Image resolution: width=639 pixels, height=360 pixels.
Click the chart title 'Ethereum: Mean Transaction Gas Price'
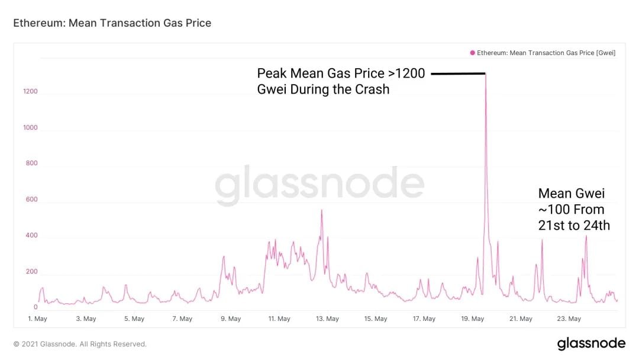click(x=112, y=23)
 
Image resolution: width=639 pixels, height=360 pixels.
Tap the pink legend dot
click(x=472, y=53)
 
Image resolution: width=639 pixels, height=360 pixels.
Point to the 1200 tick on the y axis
click(x=30, y=91)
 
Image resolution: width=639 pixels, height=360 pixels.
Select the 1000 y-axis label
click(x=30, y=127)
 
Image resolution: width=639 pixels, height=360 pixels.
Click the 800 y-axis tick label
click(x=31, y=163)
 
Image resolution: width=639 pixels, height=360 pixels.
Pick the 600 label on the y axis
click(x=31, y=200)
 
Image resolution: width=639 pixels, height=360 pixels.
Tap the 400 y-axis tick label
click(x=31, y=236)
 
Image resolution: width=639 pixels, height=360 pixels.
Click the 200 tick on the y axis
click(x=31, y=272)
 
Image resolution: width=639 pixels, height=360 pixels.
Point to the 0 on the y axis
click(x=35, y=307)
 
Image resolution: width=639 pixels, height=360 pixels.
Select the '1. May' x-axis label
click(x=37, y=319)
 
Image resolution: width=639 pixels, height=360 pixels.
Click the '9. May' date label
click(x=231, y=319)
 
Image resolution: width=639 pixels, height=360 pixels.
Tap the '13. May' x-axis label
click(x=327, y=319)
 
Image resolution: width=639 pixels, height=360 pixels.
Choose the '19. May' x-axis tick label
click(x=473, y=319)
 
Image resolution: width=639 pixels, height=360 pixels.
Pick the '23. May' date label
click(x=569, y=319)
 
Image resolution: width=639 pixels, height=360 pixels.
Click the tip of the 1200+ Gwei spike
click(x=486, y=74)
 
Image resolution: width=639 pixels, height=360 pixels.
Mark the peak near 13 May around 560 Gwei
click(x=321, y=210)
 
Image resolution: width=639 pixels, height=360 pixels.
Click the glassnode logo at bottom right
click(x=590, y=343)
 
